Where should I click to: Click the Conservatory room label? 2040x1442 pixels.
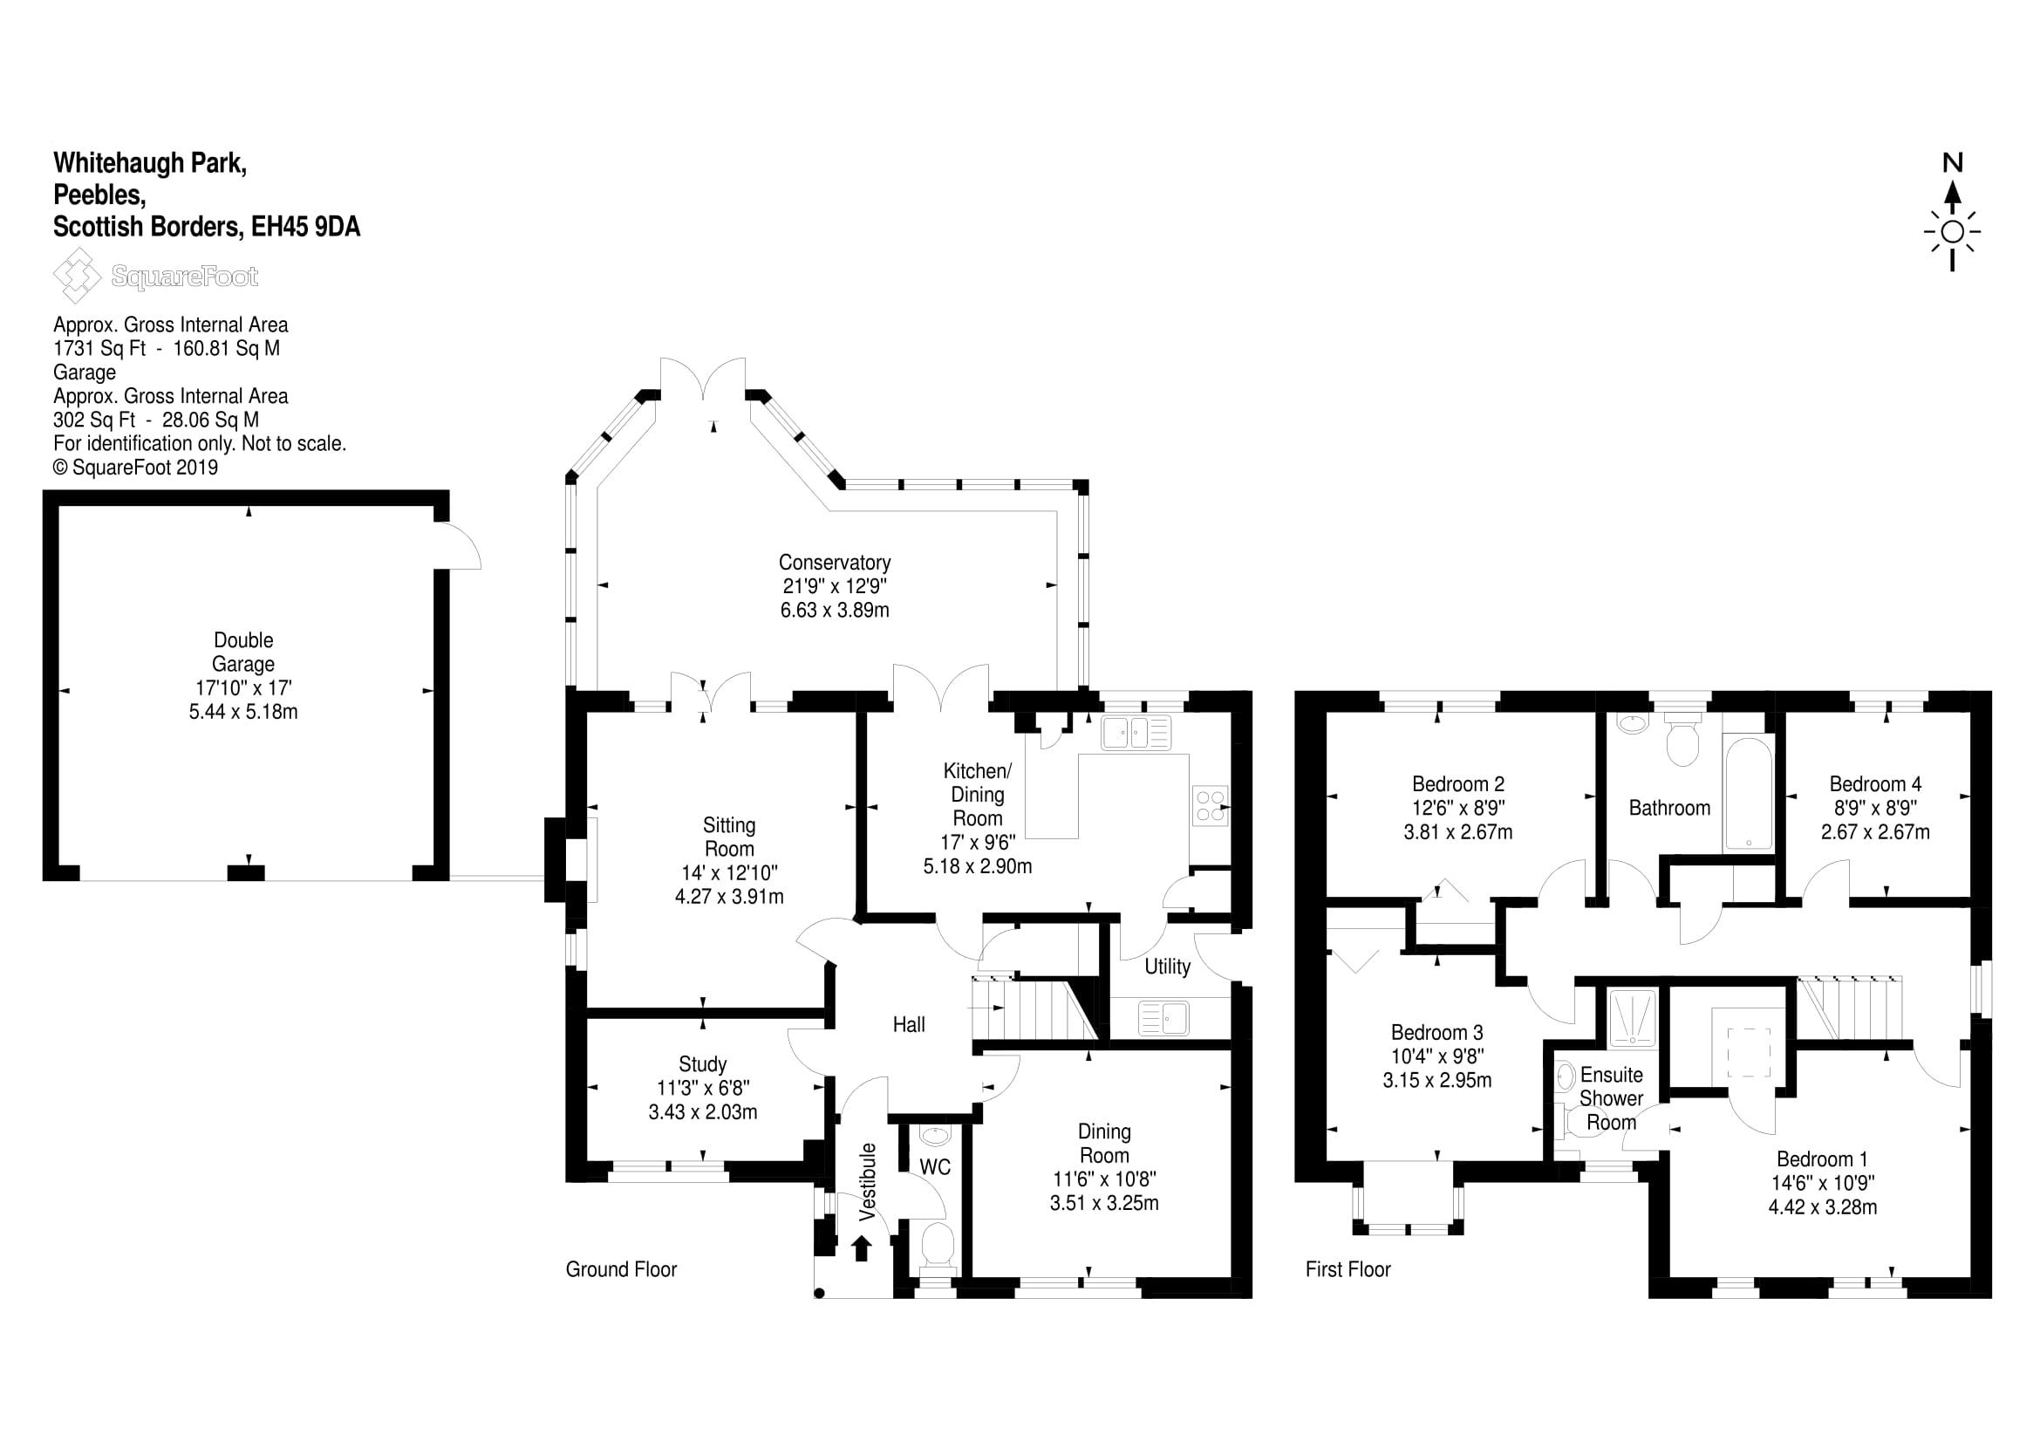click(835, 563)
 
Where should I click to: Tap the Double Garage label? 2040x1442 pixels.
click(243, 653)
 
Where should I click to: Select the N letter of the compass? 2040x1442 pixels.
click(1952, 163)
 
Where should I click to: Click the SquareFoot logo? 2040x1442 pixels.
click(156, 277)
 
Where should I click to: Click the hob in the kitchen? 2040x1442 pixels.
click(1209, 806)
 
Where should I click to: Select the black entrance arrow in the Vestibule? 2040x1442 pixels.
click(861, 1248)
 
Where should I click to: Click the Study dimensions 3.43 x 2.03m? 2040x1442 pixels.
click(703, 1111)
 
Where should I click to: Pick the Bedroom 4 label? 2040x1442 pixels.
click(1875, 783)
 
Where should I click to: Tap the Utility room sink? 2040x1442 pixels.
click(1163, 1018)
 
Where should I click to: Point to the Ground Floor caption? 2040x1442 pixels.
click(621, 1269)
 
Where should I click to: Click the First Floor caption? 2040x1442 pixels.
click(1347, 1269)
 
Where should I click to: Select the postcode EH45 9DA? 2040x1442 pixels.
click(305, 228)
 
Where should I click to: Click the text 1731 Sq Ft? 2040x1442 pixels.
click(99, 348)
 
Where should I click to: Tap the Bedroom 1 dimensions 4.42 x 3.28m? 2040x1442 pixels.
click(1822, 1206)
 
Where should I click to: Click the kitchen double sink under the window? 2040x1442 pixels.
click(1136, 734)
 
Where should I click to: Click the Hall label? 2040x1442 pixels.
click(908, 1024)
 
